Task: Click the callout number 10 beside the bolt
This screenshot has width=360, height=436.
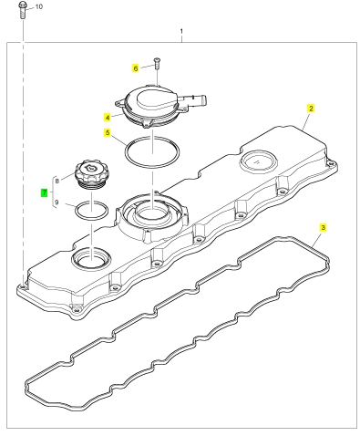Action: pos(39,6)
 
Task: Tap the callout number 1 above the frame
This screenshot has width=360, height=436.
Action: pos(181,31)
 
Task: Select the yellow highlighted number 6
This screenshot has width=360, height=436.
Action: pos(136,68)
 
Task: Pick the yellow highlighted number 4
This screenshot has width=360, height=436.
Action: pos(108,118)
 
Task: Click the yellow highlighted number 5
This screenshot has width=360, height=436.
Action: pos(108,132)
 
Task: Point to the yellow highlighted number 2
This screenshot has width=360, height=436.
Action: pos(311,109)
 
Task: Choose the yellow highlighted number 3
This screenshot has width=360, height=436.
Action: pos(323,227)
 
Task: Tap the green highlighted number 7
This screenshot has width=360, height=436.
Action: pos(45,192)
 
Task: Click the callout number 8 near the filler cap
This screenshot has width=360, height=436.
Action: pos(57,181)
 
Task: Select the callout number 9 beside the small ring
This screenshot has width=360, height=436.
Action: pos(57,202)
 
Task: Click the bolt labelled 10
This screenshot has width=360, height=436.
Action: pos(23,10)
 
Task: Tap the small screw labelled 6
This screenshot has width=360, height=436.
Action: pos(157,63)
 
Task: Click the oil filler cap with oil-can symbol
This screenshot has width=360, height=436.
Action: pos(90,175)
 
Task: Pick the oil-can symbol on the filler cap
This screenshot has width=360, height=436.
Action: pos(91,168)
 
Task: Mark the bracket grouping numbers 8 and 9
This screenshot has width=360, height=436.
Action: pos(54,192)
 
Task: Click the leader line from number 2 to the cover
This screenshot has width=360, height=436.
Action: pos(306,121)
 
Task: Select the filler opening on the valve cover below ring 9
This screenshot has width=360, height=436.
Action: pos(91,258)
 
